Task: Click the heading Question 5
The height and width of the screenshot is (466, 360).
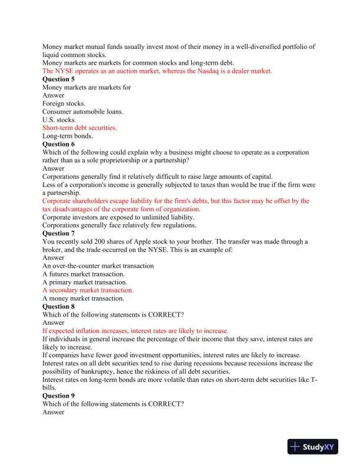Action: coord(58,79)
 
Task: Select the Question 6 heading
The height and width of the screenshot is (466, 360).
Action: coord(58,144)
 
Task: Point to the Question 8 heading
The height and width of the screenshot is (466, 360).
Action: coord(58,307)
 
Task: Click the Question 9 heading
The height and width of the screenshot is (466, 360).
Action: coord(58,396)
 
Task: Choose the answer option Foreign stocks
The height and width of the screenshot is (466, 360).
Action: coord(64,104)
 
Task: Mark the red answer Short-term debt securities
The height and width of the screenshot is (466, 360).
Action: coord(79,128)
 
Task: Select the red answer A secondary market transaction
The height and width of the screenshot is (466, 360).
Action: coord(88,290)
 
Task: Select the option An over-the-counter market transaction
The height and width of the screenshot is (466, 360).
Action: coord(98,266)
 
